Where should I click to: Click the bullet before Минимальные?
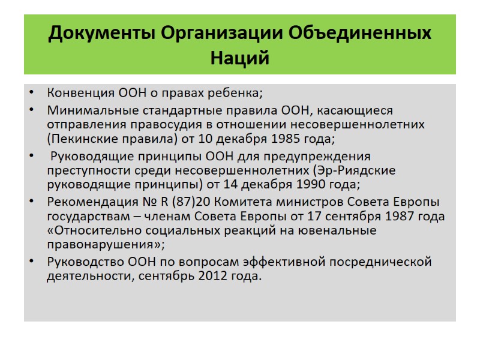pos(31,110)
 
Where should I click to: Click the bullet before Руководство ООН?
pos(31,262)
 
